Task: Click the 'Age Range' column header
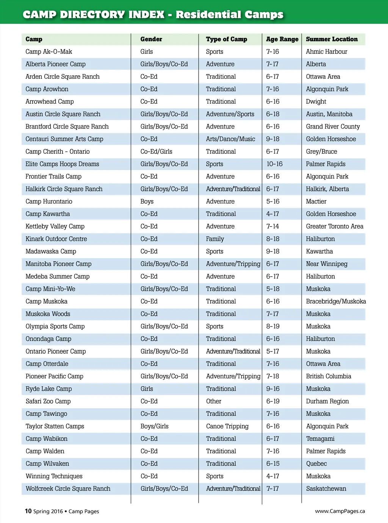[x=282, y=39]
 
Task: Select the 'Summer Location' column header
[x=332, y=39]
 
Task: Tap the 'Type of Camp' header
[x=226, y=39]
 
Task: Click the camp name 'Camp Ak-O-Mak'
[x=48, y=52]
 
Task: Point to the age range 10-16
[x=274, y=164]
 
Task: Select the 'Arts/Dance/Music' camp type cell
[x=230, y=139]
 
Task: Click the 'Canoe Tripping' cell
[x=227, y=426]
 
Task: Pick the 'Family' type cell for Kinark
[x=215, y=239]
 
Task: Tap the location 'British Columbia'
[x=329, y=376]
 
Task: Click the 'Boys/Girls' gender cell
[x=154, y=426]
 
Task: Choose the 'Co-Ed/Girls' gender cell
[x=156, y=151]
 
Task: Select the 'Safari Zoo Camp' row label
[x=48, y=401]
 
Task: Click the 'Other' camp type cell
[x=214, y=401]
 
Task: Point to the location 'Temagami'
[x=320, y=439]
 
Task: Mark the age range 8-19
[x=273, y=326]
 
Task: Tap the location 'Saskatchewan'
[x=326, y=489]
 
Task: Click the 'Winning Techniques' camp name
[x=54, y=476]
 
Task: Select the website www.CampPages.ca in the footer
[x=340, y=511]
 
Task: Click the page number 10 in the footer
[x=28, y=511]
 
